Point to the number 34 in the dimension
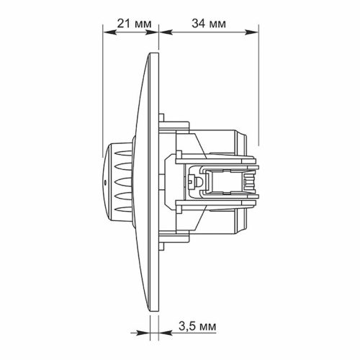point(199,22)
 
